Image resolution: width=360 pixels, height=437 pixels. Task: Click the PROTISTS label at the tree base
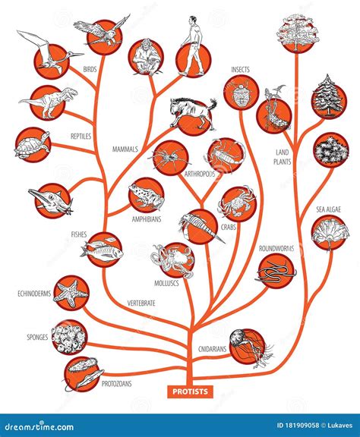(190, 391)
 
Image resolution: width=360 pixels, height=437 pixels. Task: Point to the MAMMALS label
(125, 149)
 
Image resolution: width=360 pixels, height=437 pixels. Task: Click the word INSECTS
(241, 70)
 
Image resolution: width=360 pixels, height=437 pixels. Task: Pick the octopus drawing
(177, 260)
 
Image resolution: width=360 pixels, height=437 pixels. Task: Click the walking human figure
(194, 49)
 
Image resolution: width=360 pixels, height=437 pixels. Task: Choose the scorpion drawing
(226, 155)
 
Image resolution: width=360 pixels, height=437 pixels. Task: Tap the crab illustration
(237, 203)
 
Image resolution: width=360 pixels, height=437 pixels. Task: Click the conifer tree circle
(330, 95)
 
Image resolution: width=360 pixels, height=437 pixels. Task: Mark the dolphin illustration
(52, 200)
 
